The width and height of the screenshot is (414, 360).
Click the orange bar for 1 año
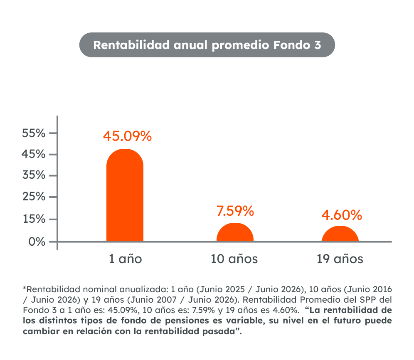click(125, 195)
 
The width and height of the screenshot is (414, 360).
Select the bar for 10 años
click(235, 232)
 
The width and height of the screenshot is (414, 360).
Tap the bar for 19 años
click(340, 234)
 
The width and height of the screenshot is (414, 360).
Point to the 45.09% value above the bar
click(127, 136)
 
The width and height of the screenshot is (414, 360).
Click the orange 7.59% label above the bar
click(235, 211)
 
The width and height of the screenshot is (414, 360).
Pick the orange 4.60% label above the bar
click(342, 215)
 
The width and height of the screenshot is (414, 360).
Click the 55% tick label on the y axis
click(34, 133)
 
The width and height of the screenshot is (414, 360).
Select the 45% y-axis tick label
click(34, 154)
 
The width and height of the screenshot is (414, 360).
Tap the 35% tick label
click(34, 175)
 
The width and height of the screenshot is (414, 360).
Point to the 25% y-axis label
click(34, 197)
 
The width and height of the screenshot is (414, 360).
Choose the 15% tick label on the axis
click(34, 219)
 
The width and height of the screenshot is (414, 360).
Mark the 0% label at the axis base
click(37, 242)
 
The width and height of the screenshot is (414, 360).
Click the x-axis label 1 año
click(126, 259)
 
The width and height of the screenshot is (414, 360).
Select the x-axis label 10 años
click(234, 259)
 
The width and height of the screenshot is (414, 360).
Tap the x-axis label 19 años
click(340, 259)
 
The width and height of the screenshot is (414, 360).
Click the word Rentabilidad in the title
click(131, 45)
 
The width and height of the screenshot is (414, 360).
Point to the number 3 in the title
click(318, 45)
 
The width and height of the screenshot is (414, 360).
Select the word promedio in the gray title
click(240, 46)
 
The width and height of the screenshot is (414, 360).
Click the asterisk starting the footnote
click(25, 288)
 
